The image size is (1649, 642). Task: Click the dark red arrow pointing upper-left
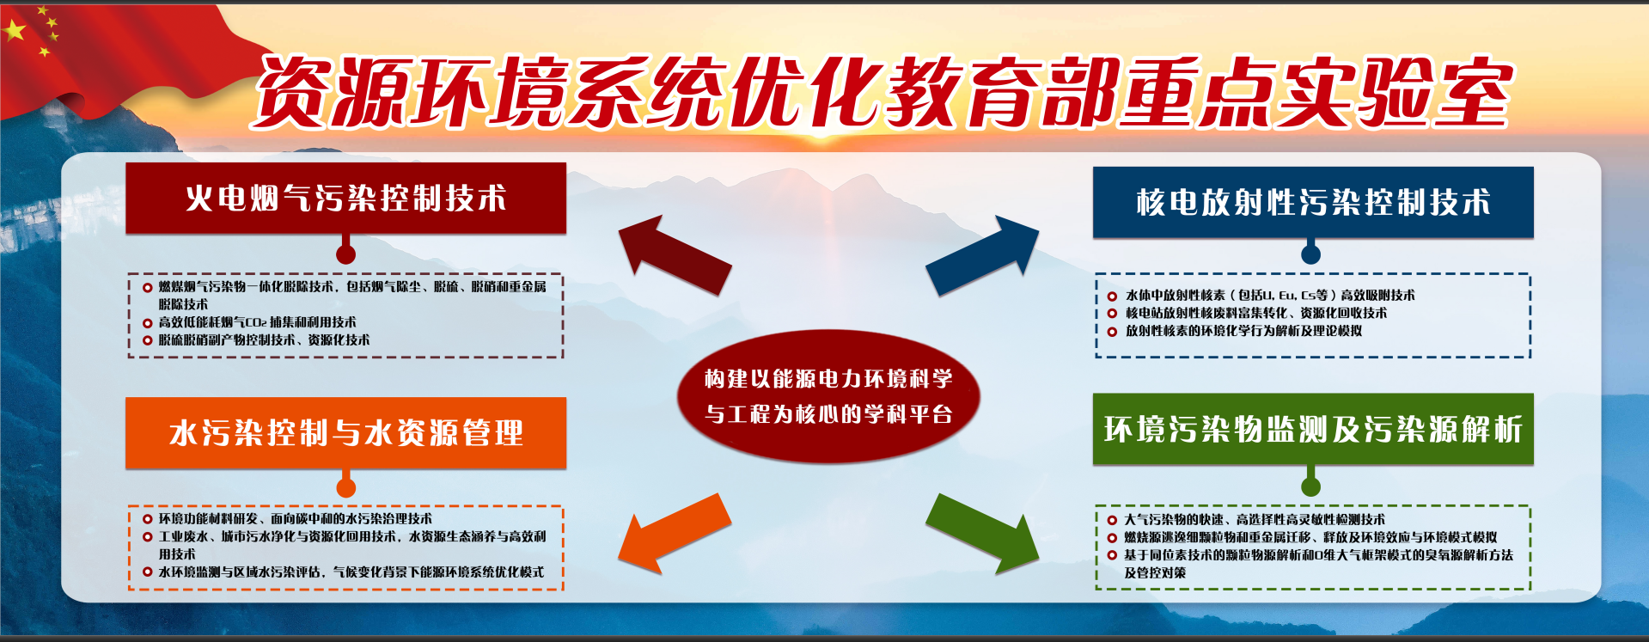(x=675, y=254)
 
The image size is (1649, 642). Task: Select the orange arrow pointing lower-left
(x=675, y=533)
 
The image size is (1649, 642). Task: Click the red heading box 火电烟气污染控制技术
(x=345, y=198)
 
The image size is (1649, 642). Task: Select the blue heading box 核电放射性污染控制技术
(x=1313, y=202)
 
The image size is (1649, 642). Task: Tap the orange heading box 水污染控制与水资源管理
(x=345, y=432)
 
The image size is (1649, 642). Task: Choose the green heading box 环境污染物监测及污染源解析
(x=1313, y=429)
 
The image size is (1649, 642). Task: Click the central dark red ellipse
(x=828, y=396)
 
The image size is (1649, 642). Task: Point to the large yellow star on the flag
(x=15, y=31)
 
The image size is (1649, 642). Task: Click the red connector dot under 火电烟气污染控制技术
(x=345, y=254)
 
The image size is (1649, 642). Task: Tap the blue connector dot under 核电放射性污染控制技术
(x=1310, y=254)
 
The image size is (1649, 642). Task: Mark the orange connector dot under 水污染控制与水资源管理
(x=345, y=488)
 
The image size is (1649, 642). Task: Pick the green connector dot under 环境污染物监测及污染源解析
(x=1310, y=486)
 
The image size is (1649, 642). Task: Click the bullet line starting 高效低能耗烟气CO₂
(x=257, y=322)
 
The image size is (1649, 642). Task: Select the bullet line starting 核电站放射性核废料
(x=1256, y=313)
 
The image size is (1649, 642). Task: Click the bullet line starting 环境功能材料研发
(x=296, y=518)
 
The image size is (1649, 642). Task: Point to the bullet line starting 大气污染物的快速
(x=1255, y=519)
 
